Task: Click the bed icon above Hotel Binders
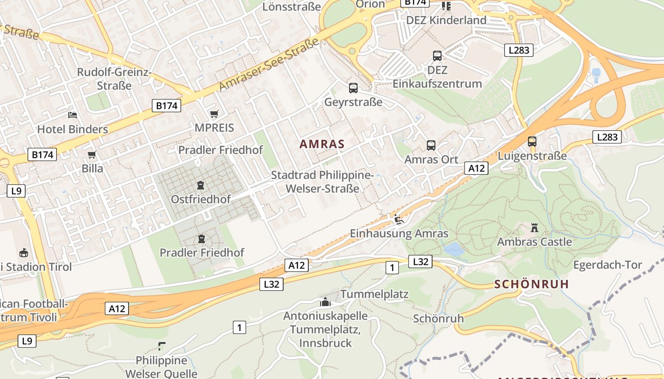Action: tap(72, 115)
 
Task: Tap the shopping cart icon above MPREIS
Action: tap(214, 114)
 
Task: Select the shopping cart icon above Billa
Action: tap(92, 155)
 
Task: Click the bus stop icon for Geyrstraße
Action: tap(353, 88)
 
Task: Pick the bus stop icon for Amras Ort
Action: tap(431, 145)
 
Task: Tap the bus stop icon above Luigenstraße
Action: tap(532, 142)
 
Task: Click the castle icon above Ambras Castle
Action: tap(535, 228)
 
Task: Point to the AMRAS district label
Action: tap(322, 144)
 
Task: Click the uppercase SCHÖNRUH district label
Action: tap(531, 284)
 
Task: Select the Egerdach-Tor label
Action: tap(608, 265)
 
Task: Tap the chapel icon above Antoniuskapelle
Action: tap(325, 302)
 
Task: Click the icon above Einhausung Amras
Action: tap(398, 219)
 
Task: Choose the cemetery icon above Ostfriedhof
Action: tap(201, 185)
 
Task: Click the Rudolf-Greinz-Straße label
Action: tap(114, 79)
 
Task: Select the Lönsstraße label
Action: tap(291, 7)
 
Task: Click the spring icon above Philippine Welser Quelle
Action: tap(161, 346)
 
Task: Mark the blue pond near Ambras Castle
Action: tap(454, 249)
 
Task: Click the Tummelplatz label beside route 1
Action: tap(374, 294)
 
